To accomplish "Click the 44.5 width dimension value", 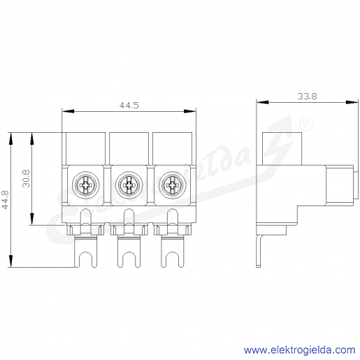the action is click(129, 106).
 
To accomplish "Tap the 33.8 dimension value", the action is click(307, 96).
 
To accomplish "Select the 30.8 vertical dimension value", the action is click(26, 179).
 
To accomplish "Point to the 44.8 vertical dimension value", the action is click(5, 199).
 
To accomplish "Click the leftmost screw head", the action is click(85, 185).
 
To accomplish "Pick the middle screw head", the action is click(129, 185).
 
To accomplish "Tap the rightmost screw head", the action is click(173, 185).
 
